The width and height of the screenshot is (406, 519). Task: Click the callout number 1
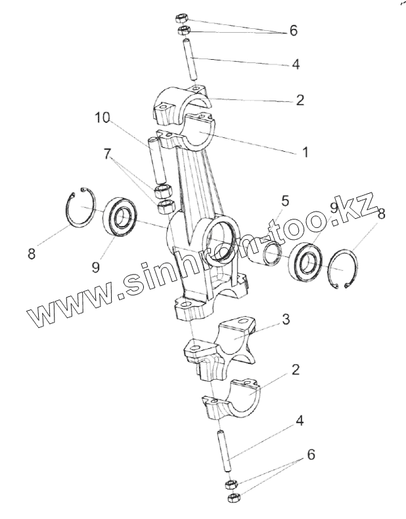pos(304,152)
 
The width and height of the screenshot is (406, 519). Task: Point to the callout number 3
pos(286,320)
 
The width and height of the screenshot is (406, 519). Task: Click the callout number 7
pos(106,154)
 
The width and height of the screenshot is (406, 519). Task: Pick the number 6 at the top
pos(293,31)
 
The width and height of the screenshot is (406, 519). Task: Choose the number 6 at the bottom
pos(311,454)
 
